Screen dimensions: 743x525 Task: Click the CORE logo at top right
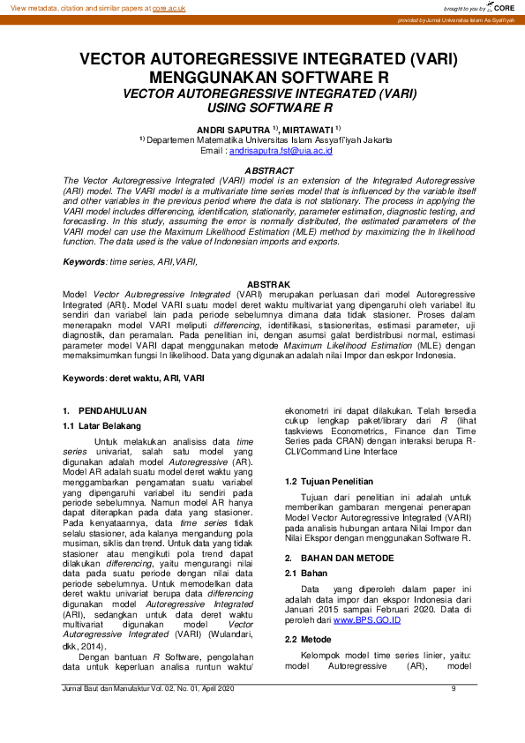coord(501,7)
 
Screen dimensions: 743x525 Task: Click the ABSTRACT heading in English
coord(268,169)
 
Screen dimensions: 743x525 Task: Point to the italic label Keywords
coord(83,262)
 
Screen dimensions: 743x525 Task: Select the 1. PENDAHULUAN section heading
coord(105,411)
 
